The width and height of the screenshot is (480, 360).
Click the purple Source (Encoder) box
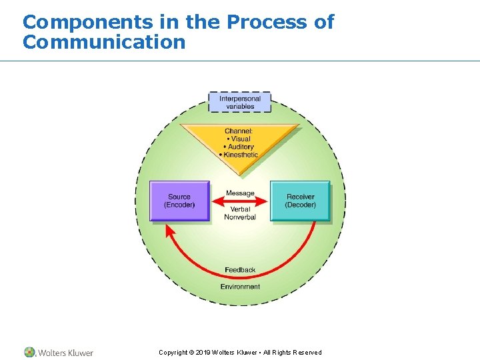click(x=179, y=201)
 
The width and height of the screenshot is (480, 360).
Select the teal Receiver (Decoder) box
click(x=300, y=201)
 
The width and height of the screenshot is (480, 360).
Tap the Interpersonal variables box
click(x=240, y=103)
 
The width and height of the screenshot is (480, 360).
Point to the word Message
click(x=240, y=193)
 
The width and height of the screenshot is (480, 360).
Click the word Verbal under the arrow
click(x=240, y=209)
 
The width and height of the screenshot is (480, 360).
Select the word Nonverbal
click(x=240, y=217)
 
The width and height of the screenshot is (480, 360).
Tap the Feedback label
click(x=240, y=270)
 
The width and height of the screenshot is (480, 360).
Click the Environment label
click(x=240, y=287)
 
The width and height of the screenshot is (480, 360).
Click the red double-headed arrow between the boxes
click(x=240, y=201)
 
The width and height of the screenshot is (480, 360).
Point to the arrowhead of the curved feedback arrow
click(x=169, y=230)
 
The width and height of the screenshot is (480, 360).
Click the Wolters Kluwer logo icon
click(x=29, y=352)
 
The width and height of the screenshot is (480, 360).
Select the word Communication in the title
click(x=103, y=43)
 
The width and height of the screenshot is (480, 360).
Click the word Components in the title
click(x=87, y=22)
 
